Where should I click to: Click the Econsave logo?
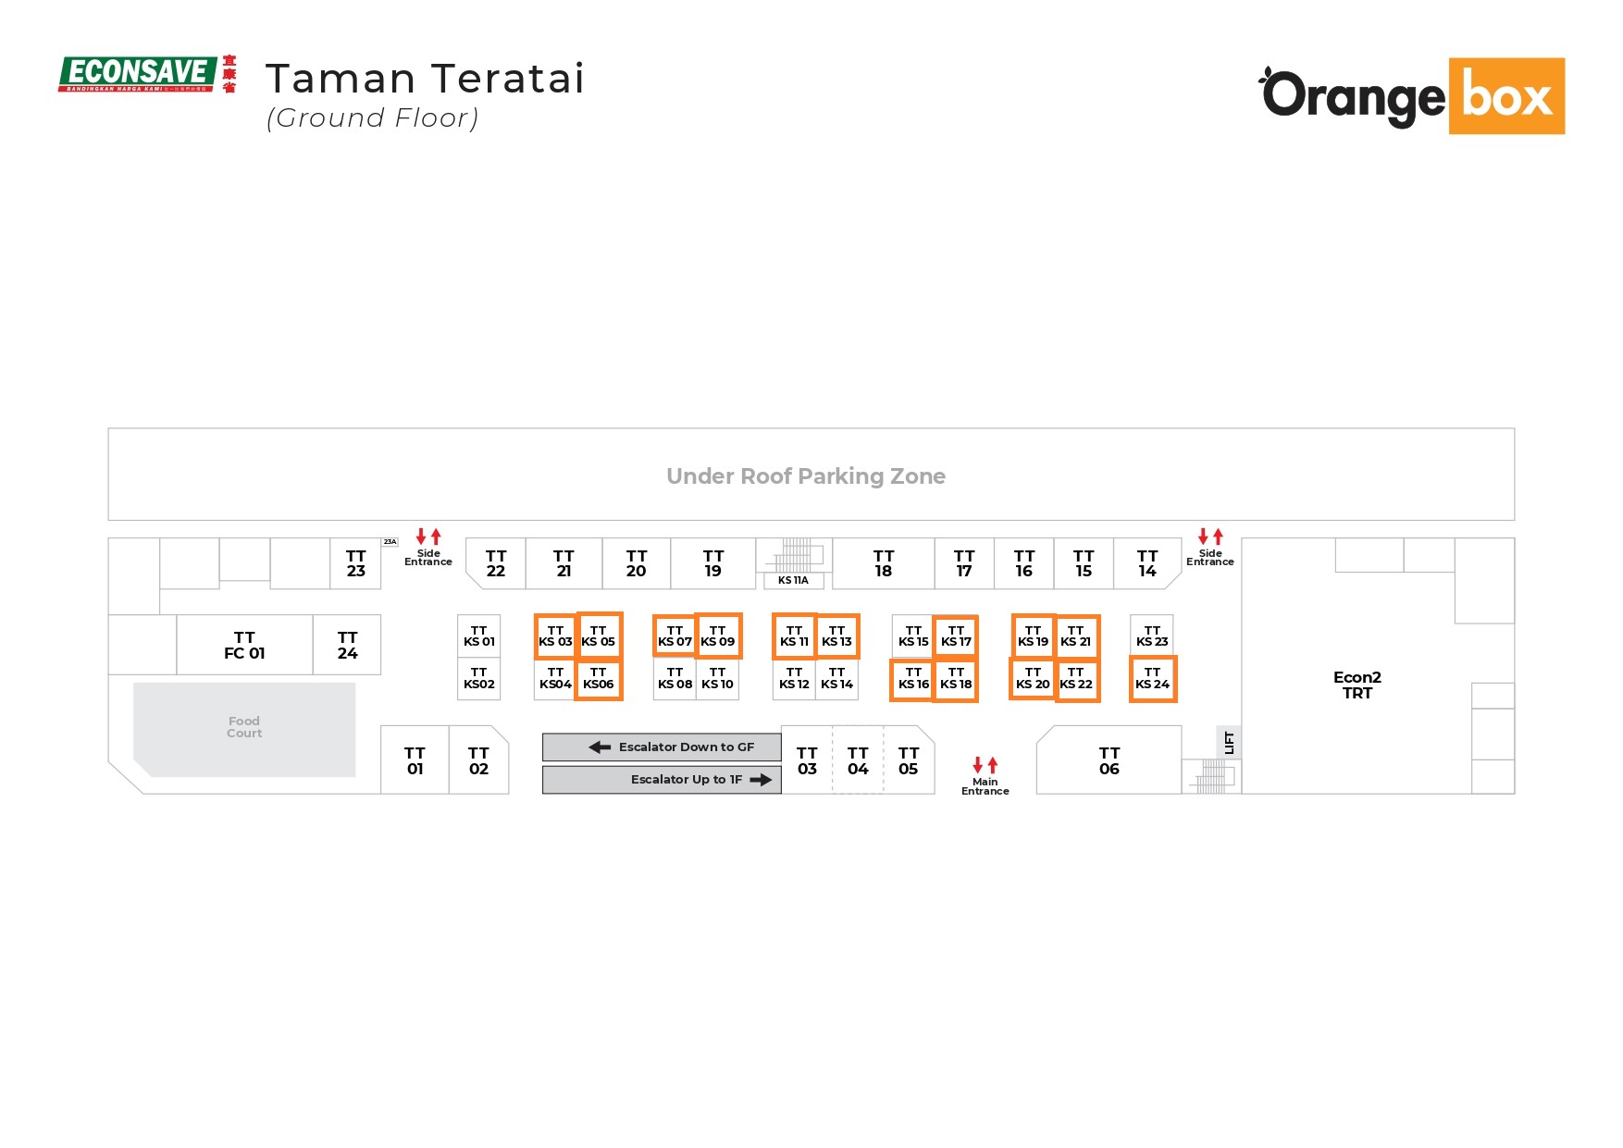pyautogui.click(x=146, y=74)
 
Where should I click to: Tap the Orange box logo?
pyautogui.click(x=1412, y=96)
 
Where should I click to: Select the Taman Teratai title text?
pyautogui.click(x=425, y=79)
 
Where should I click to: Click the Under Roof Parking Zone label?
pyautogui.click(x=805, y=476)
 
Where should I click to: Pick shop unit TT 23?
pyautogui.click(x=355, y=563)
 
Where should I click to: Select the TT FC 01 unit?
pyautogui.click(x=244, y=645)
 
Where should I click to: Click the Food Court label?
pyautogui.click(x=244, y=727)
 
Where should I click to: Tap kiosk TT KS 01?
pyautogui.click(x=478, y=636)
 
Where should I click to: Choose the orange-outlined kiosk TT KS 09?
pyautogui.click(x=718, y=636)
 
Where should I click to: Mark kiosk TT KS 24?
pyautogui.click(x=1152, y=679)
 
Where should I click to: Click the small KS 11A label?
pyautogui.click(x=793, y=581)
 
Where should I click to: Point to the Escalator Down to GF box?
pyautogui.click(x=662, y=747)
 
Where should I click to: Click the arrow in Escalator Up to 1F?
pyautogui.click(x=761, y=780)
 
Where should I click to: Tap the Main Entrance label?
pyautogui.click(x=985, y=786)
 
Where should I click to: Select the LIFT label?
pyautogui.click(x=1229, y=742)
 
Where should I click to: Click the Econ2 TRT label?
pyautogui.click(x=1357, y=685)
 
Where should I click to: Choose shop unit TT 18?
pyautogui.click(x=883, y=563)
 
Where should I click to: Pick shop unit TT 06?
pyautogui.click(x=1109, y=760)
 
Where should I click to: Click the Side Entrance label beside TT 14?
pyautogui.click(x=1209, y=557)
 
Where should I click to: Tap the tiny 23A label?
pyautogui.click(x=390, y=542)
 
